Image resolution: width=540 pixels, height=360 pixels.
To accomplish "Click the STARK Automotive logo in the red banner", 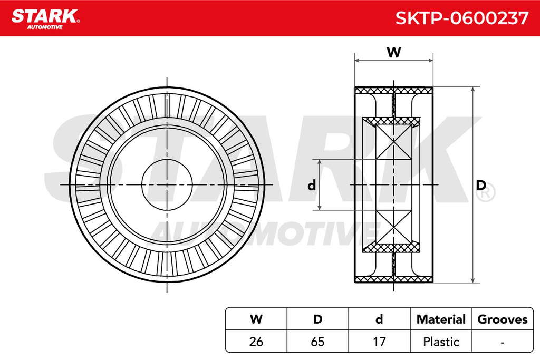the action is [x=45, y=19].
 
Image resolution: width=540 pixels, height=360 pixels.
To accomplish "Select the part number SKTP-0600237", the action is [x=462, y=18].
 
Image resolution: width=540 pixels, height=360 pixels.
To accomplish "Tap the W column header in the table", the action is [x=256, y=319].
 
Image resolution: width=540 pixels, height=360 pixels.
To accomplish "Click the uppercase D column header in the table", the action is [x=317, y=319].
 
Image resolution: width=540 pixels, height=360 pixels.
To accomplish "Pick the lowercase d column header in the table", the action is [x=379, y=319].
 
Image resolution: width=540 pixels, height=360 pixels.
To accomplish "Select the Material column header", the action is [x=441, y=319].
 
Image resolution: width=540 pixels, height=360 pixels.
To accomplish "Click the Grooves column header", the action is [x=503, y=319].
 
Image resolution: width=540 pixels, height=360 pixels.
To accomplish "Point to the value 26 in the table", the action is [x=256, y=342].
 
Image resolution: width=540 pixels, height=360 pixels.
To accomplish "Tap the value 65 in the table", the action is [x=317, y=342].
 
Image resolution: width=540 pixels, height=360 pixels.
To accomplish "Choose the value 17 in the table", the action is [x=379, y=342].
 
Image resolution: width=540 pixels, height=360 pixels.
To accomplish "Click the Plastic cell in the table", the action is [x=441, y=342].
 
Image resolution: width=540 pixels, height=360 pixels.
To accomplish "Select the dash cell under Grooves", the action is [x=503, y=343].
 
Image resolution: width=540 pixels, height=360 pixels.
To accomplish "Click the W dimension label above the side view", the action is [x=393, y=52].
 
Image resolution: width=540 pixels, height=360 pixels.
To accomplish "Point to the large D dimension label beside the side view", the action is [x=481, y=186].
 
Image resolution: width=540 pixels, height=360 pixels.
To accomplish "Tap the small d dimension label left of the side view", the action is [x=312, y=186].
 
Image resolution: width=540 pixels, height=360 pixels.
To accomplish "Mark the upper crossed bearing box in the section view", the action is [x=393, y=142].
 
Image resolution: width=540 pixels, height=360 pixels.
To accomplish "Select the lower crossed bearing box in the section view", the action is [x=393, y=227].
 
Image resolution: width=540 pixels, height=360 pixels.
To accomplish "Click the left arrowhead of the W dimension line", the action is [x=357, y=61].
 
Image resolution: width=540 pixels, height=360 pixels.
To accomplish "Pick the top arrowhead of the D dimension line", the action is [x=473, y=90].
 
